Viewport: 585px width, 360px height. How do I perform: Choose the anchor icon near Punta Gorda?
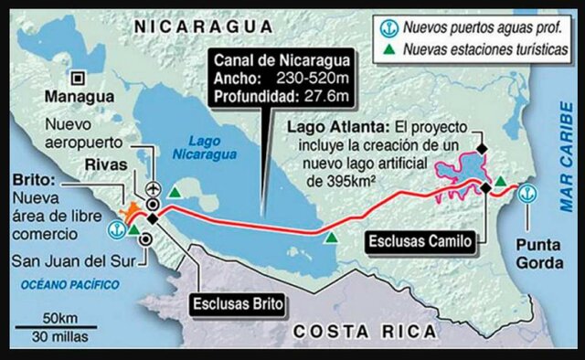(x=527, y=192)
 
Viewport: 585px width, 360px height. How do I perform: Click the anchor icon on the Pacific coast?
(x=116, y=228)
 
